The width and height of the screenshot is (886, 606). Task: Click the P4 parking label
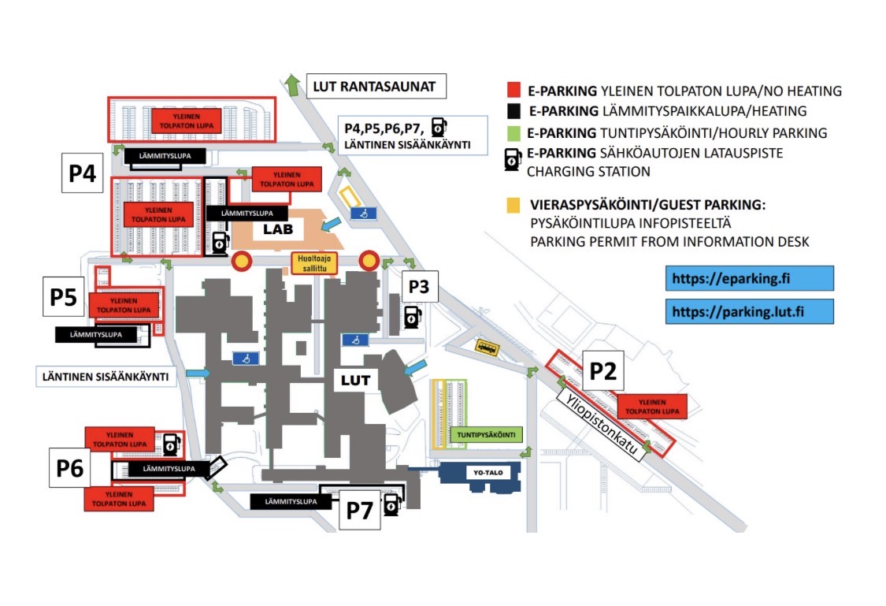[83, 173]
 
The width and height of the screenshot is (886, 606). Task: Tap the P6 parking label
[69, 468]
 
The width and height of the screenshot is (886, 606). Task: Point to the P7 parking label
[360, 510]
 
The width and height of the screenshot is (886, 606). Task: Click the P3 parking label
[419, 288]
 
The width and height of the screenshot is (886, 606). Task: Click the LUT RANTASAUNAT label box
[376, 86]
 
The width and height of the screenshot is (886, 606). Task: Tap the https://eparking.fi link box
[749, 278]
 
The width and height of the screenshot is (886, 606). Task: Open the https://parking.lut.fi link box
[749, 311]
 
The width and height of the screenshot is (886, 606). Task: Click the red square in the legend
[513, 91]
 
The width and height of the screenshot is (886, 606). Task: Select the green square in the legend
[513, 132]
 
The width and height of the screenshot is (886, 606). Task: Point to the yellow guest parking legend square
[513, 205]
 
